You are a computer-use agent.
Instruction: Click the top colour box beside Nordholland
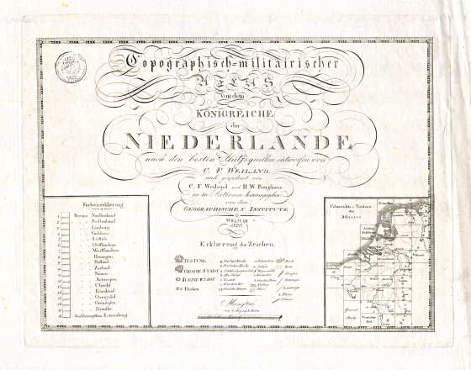[x=62, y=214]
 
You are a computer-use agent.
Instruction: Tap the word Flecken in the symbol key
[x=188, y=264]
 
